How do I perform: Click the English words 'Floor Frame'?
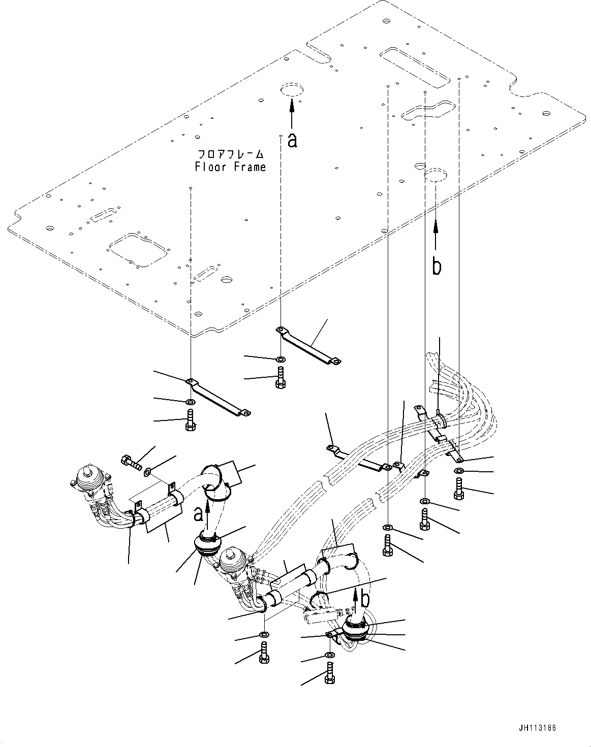click(x=230, y=167)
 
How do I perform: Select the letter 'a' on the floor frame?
click(x=292, y=140)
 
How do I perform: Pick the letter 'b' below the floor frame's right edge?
click(x=437, y=266)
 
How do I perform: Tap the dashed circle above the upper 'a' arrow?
click(x=291, y=90)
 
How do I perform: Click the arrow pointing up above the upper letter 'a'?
click(x=292, y=113)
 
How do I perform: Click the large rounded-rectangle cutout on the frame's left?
click(x=136, y=249)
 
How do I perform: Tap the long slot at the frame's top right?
click(x=416, y=64)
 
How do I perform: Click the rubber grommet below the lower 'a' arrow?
click(x=208, y=547)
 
